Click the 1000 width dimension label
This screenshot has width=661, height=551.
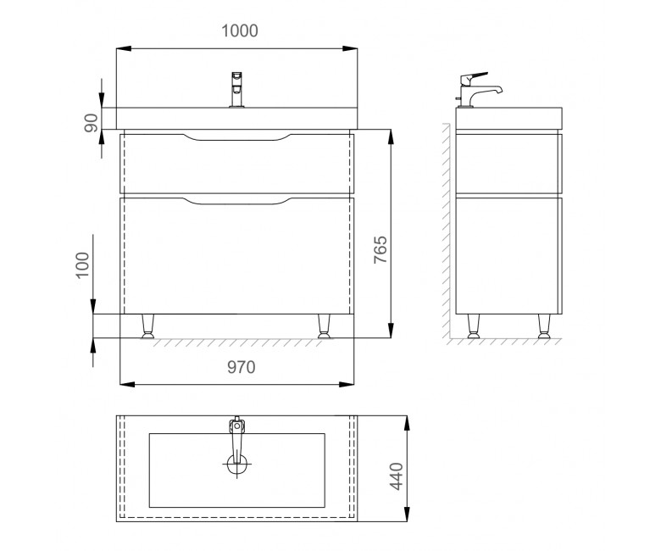click(240, 31)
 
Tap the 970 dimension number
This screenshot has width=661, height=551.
click(242, 367)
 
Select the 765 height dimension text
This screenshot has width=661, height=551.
click(380, 249)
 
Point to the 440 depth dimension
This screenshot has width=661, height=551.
click(397, 476)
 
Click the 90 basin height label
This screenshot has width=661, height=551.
click(91, 123)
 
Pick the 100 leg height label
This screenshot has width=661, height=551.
click(83, 265)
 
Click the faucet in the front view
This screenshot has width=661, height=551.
click(236, 90)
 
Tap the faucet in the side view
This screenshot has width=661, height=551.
click(478, 90)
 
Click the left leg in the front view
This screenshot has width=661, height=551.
click(147, 326)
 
